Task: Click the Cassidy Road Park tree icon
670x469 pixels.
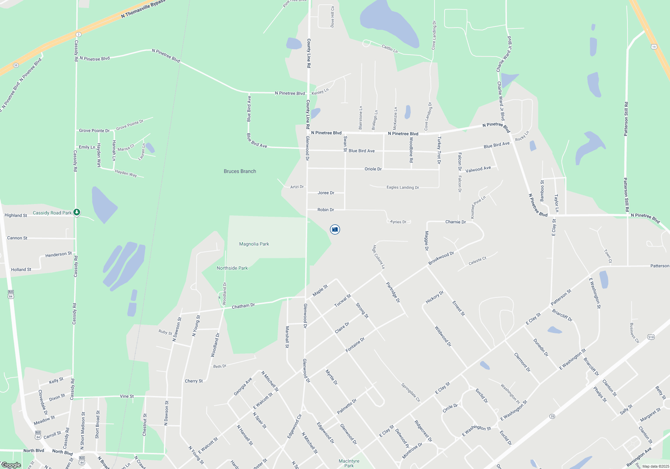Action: pyautogui.click(x=77, y=212)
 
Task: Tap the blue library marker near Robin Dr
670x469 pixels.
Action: pyautogui.click(x=335, y=229)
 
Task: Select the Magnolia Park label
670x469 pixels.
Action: pyautogui.click(x=254, y=244)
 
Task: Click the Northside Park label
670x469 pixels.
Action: pyautogui.click(x=232, y=268)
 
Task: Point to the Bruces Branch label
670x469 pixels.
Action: pyautogui.click(x=240, y=171)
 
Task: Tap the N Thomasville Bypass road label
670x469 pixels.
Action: pyautogui.click(x=143, y=9)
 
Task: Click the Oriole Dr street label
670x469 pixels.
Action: pyautogui.click(x=373, y=169)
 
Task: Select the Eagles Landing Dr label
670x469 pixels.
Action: pyautogui.click(x=403, y=187)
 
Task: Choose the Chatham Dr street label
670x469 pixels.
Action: pyautogui.click(x=243, y=306)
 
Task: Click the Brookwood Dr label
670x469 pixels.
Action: pyautogui.click(x=441, y=258)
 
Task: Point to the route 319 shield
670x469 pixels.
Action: pyautogui.click(x=651, y=337)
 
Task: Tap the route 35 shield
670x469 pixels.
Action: pyautogui.click(x=552, y=416)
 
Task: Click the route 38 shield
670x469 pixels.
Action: pyautogui.click(x=16, y=65)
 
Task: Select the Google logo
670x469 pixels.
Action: pyautogui.click(x=11, y=465)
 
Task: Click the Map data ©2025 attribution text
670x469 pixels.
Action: pyautogui.click(x=655, y=466)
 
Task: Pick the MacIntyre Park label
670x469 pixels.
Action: pyautogui.click(x=349, y=463)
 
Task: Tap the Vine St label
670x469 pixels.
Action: pyautogui.click(x=127, y=396)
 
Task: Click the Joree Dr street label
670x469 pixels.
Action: pyautogui.click(x=326, y=193)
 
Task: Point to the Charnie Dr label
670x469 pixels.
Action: pyautogui.click(x=456, y=222)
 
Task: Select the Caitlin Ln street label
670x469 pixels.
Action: pyautogui.click(x=390, y=49)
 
